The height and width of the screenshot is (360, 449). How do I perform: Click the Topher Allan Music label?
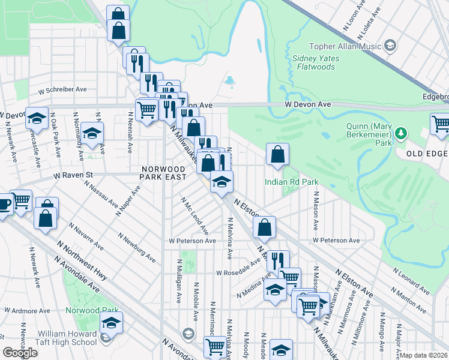coord(345,46)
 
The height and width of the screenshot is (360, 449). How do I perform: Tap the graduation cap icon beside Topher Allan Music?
coord(390,46)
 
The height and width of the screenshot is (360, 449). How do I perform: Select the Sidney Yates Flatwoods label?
coord(316,62)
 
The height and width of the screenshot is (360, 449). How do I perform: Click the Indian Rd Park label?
coord(291,182)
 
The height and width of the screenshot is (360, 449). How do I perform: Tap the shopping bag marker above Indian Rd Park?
coord(277,155)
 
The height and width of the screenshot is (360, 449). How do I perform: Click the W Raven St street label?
coord(74,176)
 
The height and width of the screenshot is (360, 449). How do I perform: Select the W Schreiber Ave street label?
coord(62,89)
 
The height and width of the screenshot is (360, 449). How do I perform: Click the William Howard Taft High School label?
coord(67,338)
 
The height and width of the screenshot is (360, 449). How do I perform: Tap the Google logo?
coord(20,353)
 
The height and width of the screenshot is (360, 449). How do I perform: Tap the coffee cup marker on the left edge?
coord(4,204)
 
